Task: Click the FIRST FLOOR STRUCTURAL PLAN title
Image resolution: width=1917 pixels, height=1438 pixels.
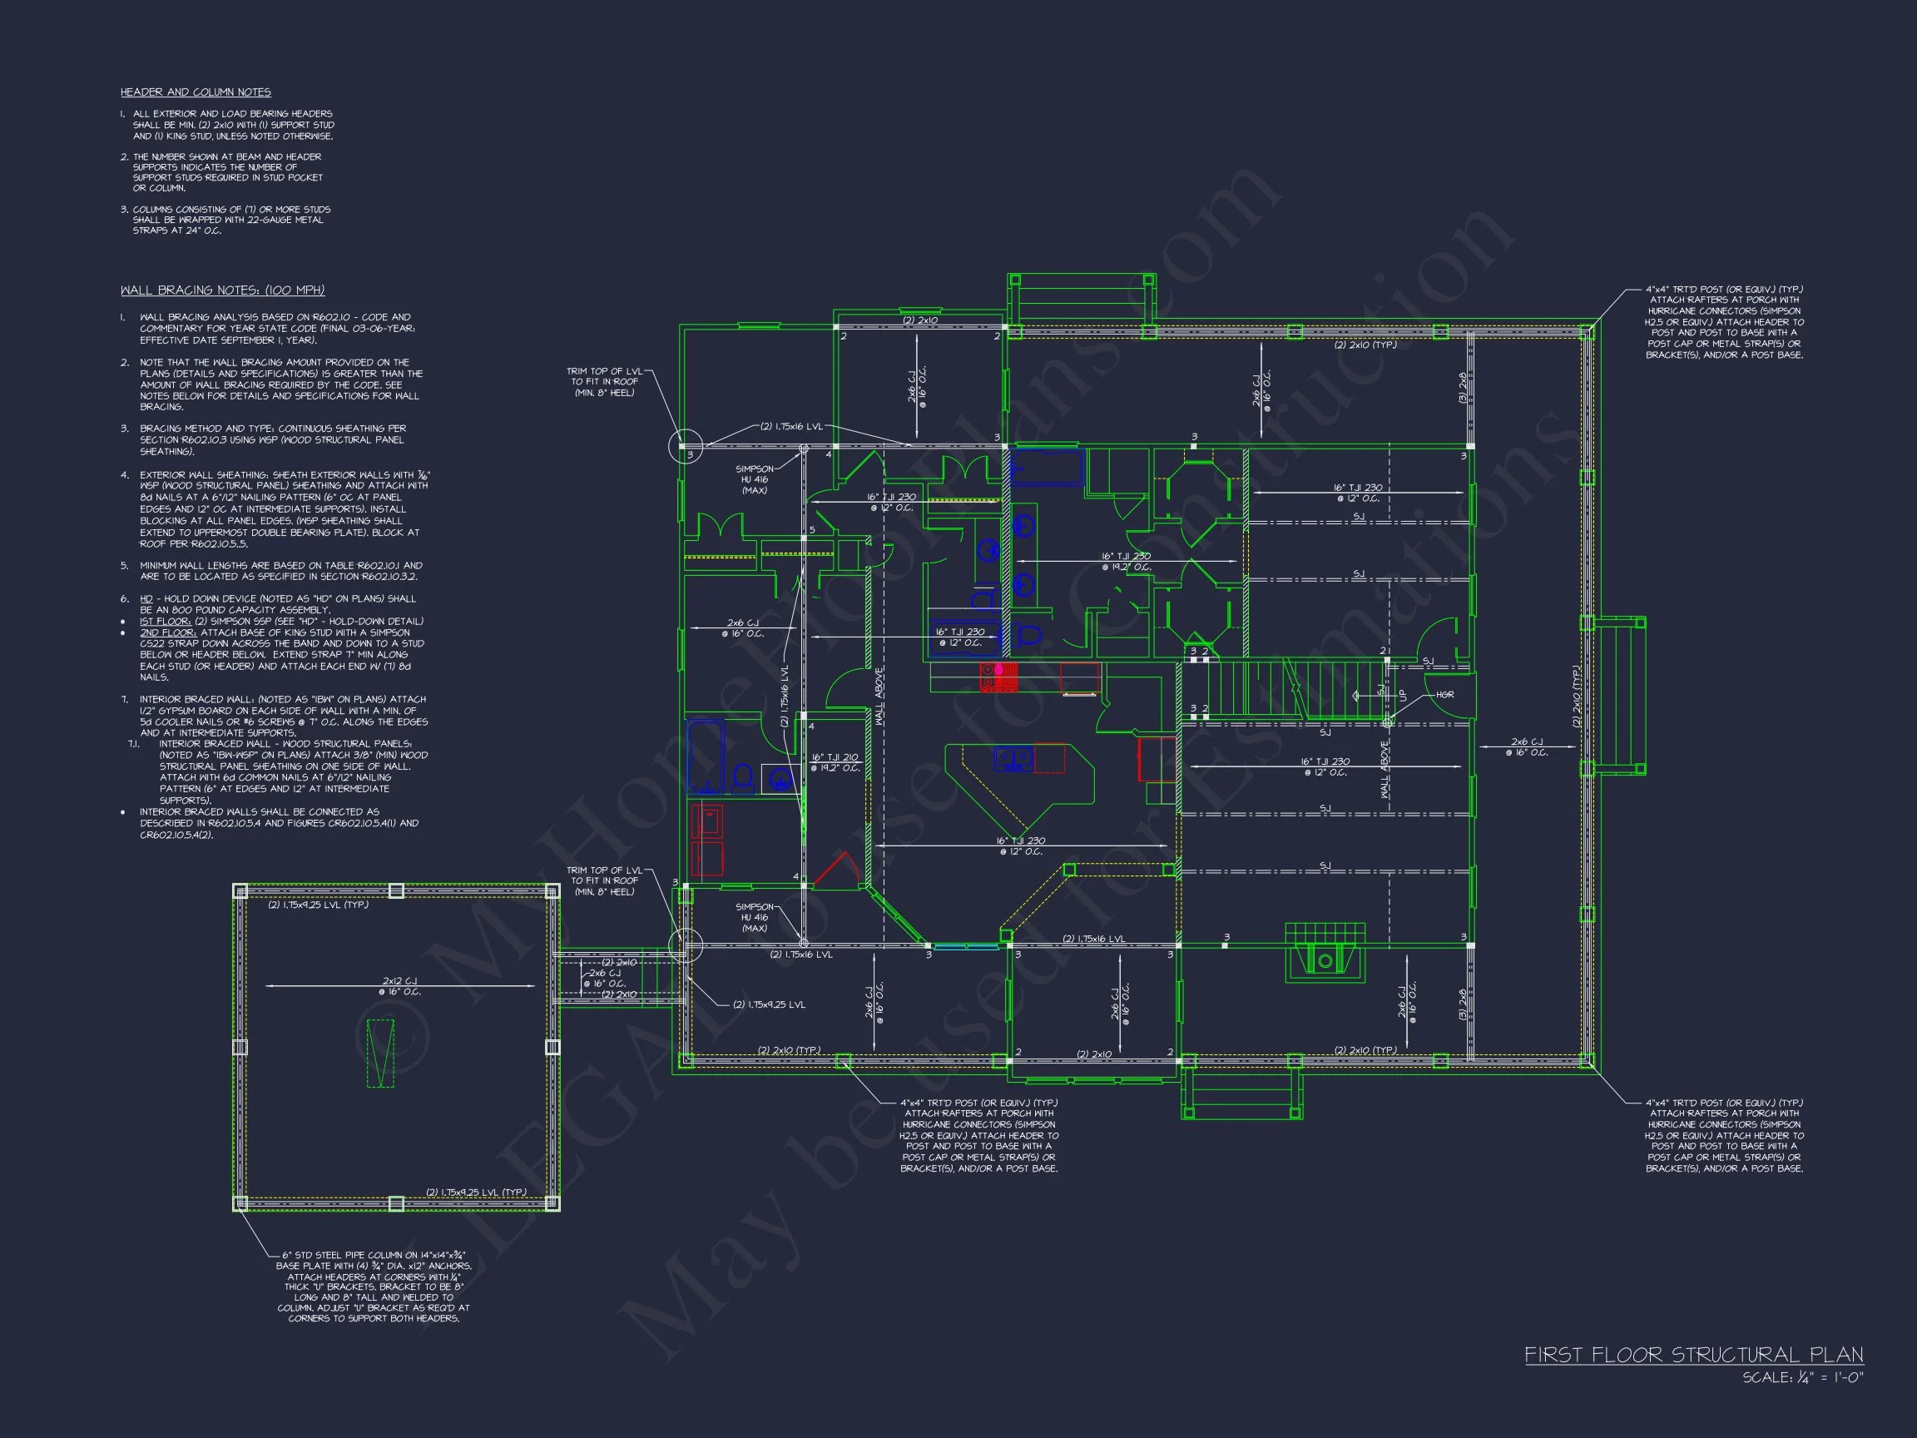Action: pos(1693,1355)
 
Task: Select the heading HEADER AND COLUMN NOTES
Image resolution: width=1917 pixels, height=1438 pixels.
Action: pos(195,92)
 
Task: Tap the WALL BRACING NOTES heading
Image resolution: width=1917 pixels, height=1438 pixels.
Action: pos(222,290)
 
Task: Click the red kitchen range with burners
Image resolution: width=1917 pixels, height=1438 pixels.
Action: pos(998,677)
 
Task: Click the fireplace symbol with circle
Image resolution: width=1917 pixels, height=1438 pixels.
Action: pos(1325,960)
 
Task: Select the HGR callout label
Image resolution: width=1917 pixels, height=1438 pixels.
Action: pos(1444,694)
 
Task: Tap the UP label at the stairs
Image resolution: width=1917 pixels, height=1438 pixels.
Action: pos(1402,695)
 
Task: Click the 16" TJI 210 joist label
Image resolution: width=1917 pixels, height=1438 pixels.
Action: pos(835,762)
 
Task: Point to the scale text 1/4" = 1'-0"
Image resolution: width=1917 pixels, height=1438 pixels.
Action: pos(1803,1377)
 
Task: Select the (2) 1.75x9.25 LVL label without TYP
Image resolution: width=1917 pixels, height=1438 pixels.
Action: pos(769,1004)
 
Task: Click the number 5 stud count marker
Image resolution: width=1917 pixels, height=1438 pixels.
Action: pos(812,529)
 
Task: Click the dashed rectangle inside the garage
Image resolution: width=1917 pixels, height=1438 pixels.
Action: pos(379,1054)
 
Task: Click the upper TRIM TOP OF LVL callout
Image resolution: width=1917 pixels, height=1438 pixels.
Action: pos(605,381)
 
